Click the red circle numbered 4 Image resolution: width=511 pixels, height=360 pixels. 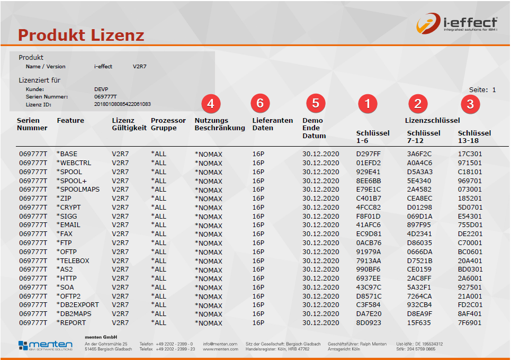(210, 104)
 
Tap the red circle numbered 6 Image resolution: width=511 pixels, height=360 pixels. (260, 103)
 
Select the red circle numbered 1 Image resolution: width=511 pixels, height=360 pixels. (367, 104)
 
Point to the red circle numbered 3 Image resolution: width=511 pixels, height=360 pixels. (470, 104)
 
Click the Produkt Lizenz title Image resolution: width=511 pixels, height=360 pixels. (81, 35)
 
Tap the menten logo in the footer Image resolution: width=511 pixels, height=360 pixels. (45, 346)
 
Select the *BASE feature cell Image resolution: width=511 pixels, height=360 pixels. (67, 154)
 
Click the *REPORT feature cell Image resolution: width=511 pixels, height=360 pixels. (71, 322)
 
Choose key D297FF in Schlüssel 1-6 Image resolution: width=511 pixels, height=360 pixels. (369, 154)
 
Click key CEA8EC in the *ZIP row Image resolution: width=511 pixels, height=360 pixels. (419, 199)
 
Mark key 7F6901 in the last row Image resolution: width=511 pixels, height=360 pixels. (470, 322)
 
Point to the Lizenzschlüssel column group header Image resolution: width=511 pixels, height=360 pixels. (432, 121)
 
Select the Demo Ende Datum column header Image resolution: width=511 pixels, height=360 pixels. (314, 128)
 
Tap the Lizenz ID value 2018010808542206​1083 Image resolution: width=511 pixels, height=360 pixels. (122, 104)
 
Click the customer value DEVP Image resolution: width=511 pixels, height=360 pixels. (101, 89)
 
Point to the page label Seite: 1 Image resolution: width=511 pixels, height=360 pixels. (482, 90)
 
